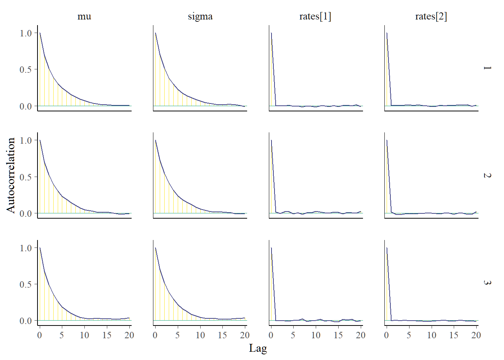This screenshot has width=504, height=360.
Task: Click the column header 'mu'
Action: (84, 16)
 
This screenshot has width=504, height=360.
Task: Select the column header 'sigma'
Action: (200, 16)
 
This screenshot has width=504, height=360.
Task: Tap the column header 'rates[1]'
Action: (315, 16)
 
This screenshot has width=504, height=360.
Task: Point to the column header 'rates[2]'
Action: (431, 16)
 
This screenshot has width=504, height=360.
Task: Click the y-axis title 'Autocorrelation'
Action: (10, 175)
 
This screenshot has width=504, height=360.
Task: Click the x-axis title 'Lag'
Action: (258, 348)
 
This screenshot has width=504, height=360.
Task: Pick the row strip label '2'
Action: (487, 175)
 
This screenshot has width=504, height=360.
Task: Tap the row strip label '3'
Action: (487, 282)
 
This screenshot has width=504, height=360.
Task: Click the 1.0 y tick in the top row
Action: (26, 33)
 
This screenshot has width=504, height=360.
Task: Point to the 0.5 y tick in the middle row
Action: (26, 177)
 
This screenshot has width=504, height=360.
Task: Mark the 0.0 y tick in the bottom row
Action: (26, 321)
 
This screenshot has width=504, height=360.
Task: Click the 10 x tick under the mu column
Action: (84, 335)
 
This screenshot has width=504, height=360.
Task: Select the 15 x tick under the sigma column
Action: (222, 335)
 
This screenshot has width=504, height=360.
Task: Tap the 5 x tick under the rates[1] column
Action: (293, 335)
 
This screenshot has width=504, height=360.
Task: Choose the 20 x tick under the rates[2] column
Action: (476, 335)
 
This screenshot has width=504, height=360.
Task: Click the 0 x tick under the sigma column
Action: (155, 335)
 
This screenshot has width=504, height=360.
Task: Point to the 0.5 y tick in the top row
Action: (26, 69)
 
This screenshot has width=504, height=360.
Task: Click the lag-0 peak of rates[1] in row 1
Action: (271, 33)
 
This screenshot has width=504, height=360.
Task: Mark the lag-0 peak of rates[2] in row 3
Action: (387, 248)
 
